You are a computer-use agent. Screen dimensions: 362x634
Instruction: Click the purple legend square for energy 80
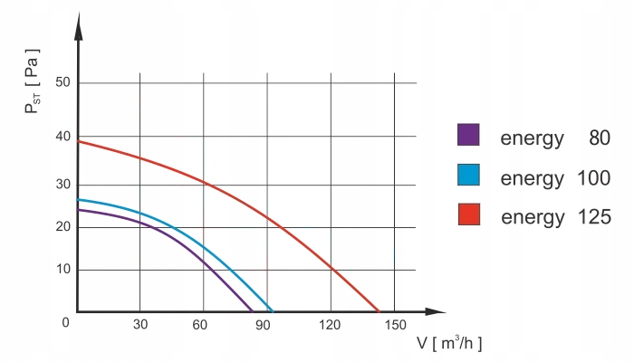(x=468, y=135)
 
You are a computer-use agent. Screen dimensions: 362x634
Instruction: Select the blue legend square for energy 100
(x=468, y=175)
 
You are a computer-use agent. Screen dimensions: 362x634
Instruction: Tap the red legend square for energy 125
(x=468, y=214)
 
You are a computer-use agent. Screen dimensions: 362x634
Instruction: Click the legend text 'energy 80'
(x=555, y=138)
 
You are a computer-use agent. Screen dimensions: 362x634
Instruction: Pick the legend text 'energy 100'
(x=555, y=178)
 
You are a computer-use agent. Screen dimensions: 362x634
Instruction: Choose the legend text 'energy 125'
(x=555, y=217)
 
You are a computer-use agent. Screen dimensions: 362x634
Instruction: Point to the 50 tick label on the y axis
(x=62, y=84)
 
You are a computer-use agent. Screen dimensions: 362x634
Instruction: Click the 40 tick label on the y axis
(x=62, y=137)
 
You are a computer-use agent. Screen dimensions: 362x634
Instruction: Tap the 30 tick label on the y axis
(x=62, y=185)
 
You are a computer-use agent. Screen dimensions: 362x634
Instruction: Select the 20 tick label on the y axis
(x=62, y=226)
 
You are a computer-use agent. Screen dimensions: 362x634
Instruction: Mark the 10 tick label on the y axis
(x=62, y=270)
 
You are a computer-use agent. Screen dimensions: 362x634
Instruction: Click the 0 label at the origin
(x=65, y=323)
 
